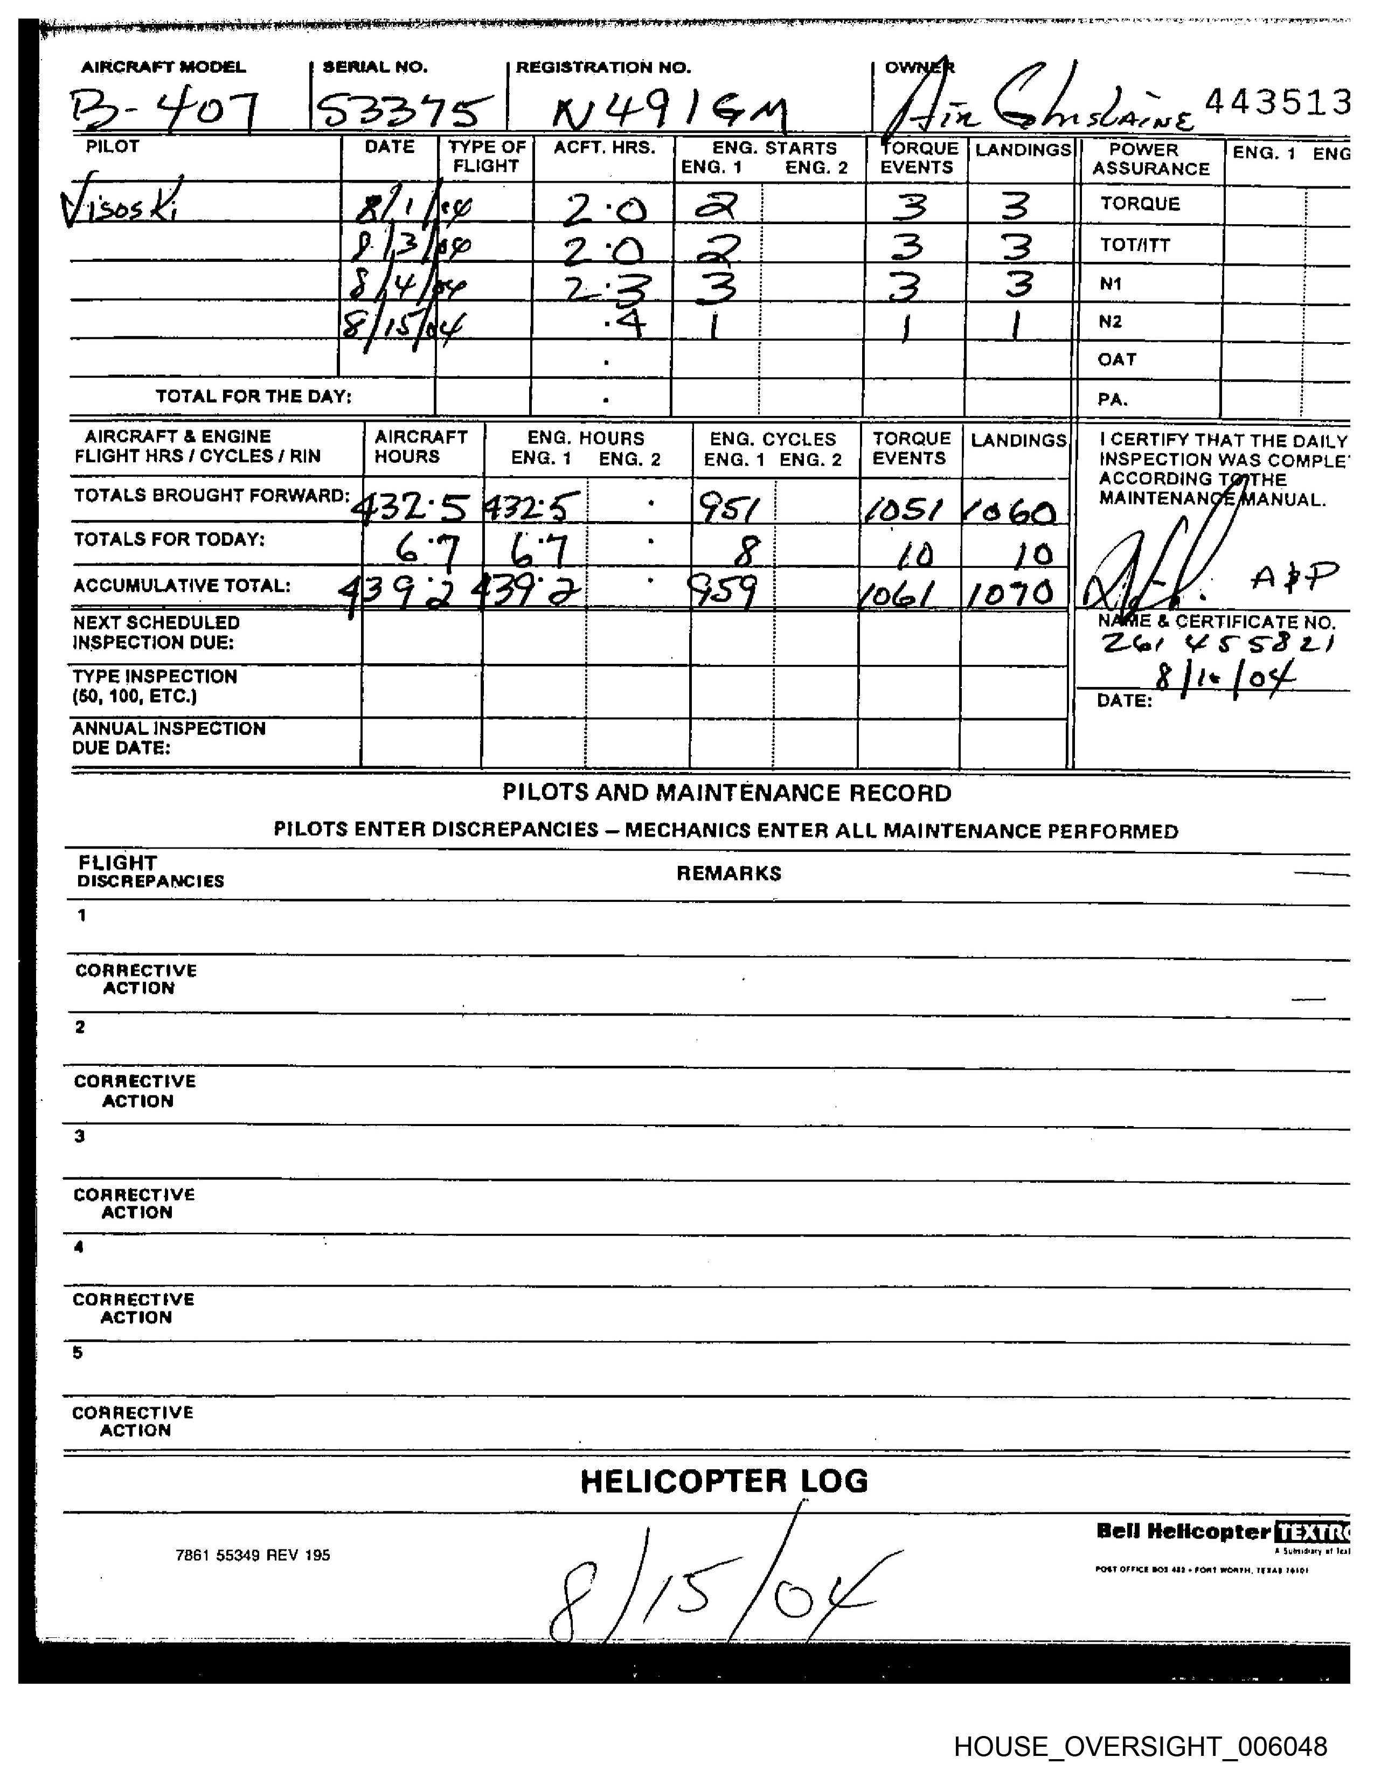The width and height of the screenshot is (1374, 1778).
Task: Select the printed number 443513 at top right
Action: [x=1276, y=102]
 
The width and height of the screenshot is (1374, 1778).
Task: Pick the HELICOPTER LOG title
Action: [x=724, y=1481]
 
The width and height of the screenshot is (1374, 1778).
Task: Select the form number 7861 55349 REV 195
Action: [x=252, y=1555]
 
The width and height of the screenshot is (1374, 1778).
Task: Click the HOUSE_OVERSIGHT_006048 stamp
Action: [x=1140, y=1746]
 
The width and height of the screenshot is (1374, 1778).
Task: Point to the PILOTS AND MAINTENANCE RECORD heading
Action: [x=726, y=792]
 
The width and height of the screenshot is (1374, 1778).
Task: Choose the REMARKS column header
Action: [x=728, y=873]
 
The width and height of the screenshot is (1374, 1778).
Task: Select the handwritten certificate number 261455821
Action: [x=1217, y=645]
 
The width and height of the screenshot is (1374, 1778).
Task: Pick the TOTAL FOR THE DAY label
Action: [x=253, y=397]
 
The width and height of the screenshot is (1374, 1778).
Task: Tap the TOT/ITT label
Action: [x=1135, y=245]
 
